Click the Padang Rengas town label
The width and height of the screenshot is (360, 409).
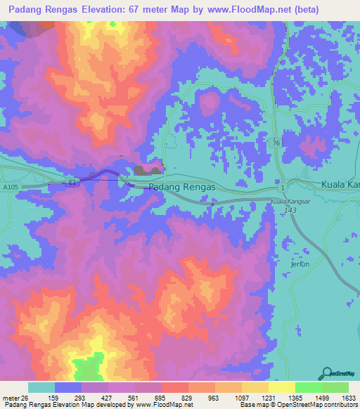[x=182, y=187]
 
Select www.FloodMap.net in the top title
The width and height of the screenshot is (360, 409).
[x=238, y=10]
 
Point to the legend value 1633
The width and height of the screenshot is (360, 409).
[x=340, y=398]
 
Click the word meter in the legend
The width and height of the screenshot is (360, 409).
[x=11, y=398]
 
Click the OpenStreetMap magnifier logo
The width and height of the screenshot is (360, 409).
[x=328, y=373]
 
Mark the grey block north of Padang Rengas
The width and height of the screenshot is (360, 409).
[x=148, y=169]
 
